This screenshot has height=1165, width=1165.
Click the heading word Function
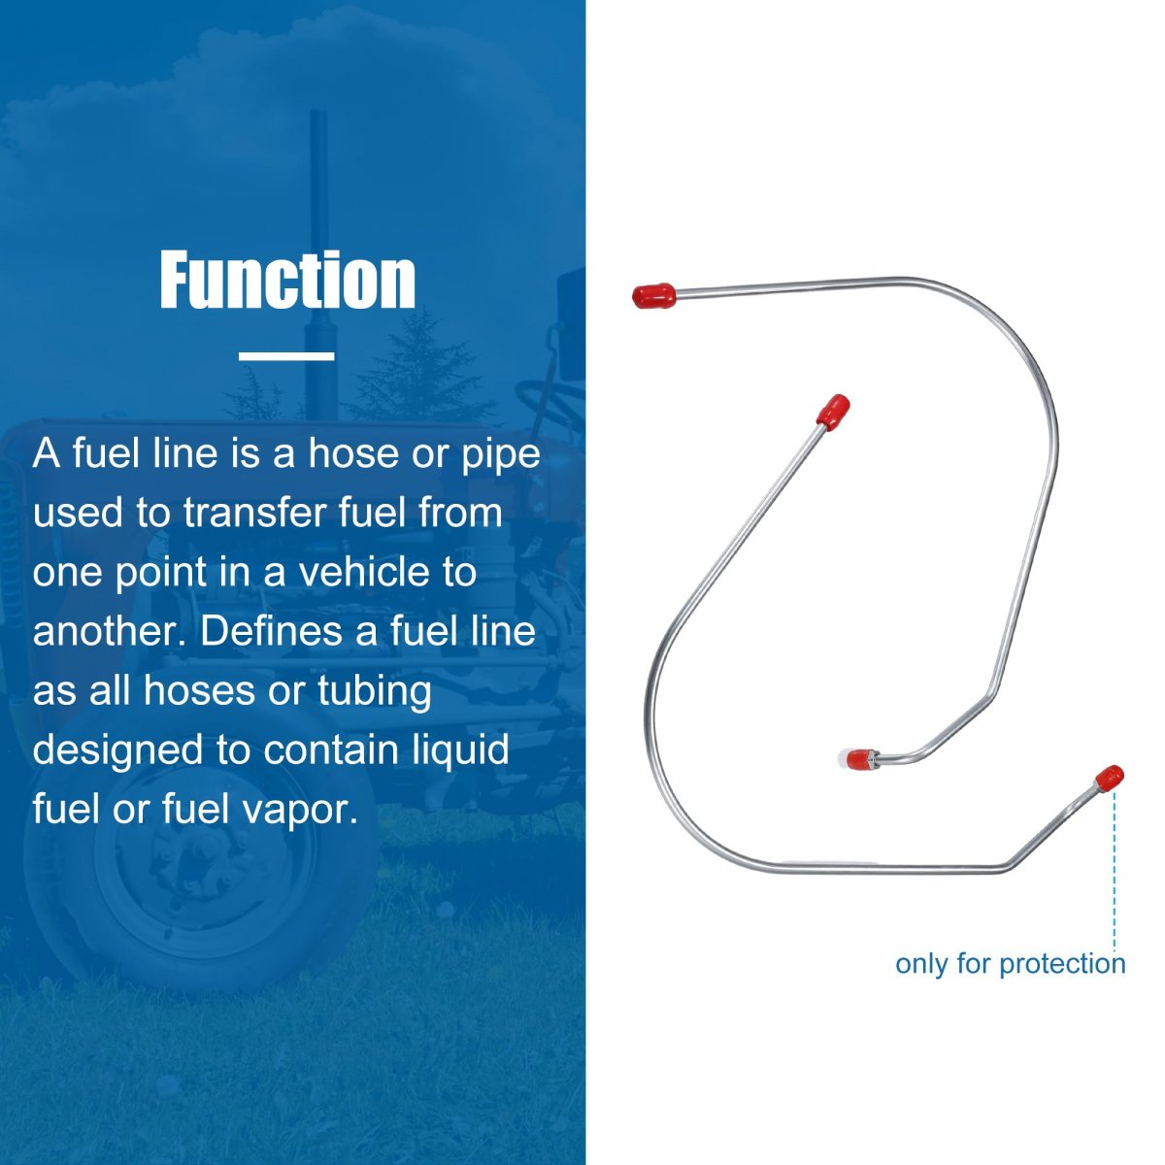click(287, 280)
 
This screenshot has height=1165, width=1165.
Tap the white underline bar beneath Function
click(286, 356)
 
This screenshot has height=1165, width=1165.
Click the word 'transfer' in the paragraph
click(254, 512)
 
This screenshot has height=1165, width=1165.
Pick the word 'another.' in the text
click(110, 631)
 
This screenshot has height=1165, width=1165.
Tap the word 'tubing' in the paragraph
click(375, 692)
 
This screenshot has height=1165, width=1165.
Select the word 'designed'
click(117, 750)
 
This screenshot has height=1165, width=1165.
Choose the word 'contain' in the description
click(330, 749)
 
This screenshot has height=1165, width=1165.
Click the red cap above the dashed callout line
click(1110, 779)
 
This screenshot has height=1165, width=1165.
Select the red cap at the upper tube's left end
click(653, 296)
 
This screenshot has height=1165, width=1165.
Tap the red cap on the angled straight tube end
click(832, 411)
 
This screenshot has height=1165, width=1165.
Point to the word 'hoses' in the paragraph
click(199, 690)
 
